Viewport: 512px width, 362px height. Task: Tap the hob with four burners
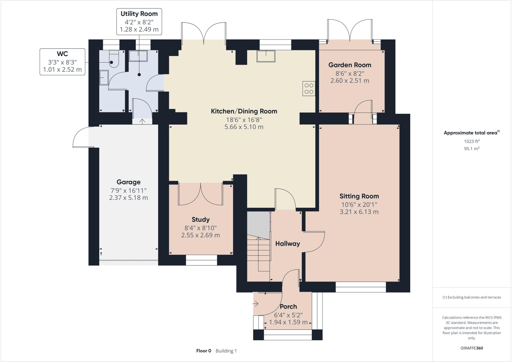[309, 89]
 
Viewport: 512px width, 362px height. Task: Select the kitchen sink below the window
[266, 56]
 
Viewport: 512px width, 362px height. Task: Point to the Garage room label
[128, 182]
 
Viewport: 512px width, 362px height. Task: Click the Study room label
[200, 220]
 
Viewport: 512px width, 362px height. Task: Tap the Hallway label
[287, 244]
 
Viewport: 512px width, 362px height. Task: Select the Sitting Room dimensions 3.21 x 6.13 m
[359, 212]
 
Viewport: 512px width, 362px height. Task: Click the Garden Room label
[349, 65]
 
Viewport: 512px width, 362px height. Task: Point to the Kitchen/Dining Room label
[244, 111]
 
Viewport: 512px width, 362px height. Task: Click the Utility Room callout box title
[139, 14]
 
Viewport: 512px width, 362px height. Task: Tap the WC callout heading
[62, 54]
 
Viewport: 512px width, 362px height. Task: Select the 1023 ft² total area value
[471, 141]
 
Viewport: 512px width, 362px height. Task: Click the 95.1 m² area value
[471, 148]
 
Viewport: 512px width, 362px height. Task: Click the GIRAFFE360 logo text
[471, 348]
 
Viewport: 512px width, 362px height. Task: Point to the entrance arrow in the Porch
[255, 304]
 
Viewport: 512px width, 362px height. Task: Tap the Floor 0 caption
[203, 351]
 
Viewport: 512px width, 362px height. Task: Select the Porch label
[288, 306]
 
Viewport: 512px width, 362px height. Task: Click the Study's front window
[201, 260]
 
